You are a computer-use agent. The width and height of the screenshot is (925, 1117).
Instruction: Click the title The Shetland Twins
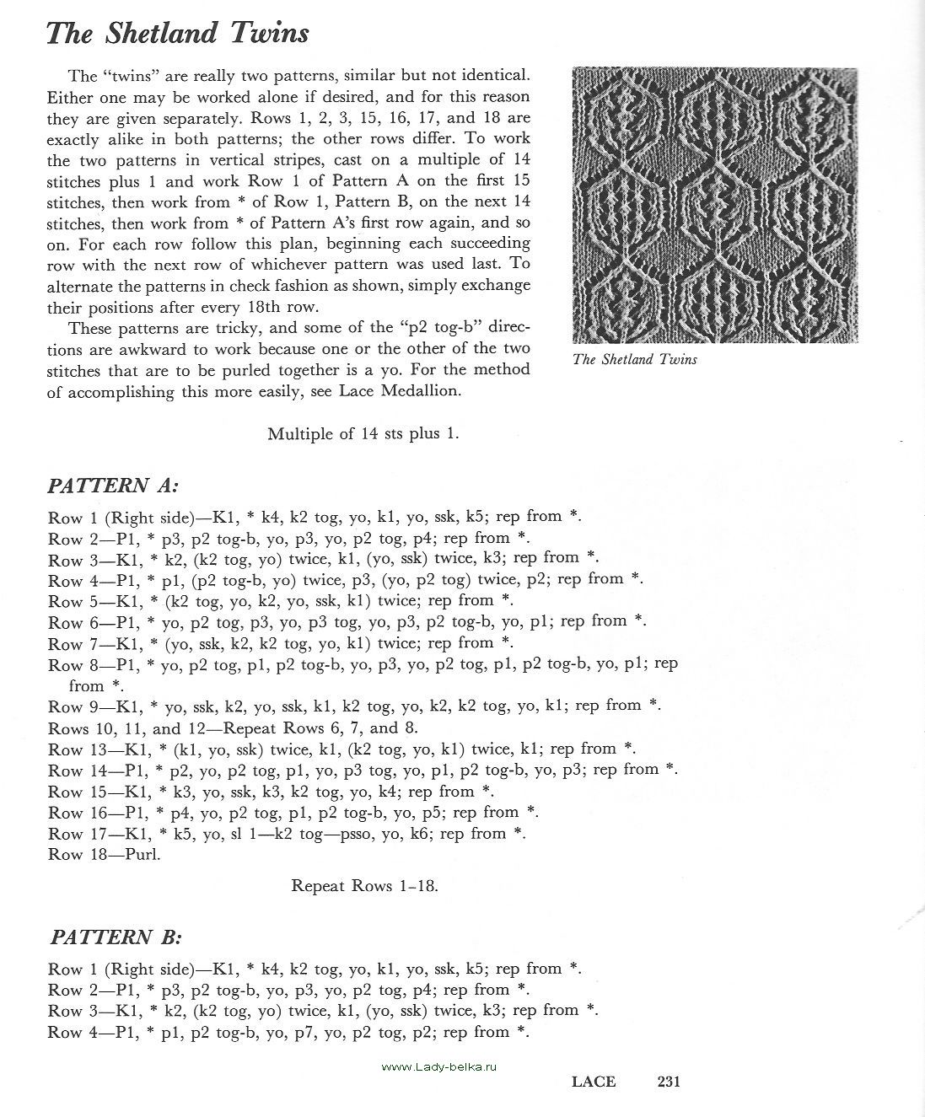(178, 33)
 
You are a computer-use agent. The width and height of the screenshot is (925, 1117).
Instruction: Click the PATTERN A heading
(113, 486)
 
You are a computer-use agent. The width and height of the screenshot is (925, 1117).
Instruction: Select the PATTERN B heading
(116, 937)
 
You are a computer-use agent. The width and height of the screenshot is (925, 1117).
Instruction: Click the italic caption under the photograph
(634, 360)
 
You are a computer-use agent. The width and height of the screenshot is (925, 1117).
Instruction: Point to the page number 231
(663, 1082)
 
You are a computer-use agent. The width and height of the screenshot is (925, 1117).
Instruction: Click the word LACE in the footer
(594, 1082)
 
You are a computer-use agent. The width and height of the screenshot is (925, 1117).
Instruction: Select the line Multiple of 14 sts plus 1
(363, 434)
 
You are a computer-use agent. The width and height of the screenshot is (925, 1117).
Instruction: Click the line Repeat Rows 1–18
(364, 886)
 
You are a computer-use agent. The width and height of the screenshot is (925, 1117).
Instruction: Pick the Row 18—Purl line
(104, 854)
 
